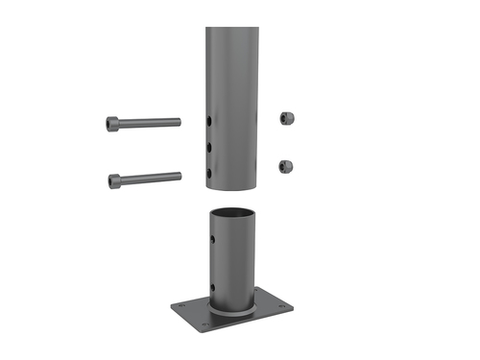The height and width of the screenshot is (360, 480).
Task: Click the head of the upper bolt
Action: tap(114, 123)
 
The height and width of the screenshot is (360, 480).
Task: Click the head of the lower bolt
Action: tap(114, 180)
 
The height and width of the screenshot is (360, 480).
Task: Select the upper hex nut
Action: tap(285, 117)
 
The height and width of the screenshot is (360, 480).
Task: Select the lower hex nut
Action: tap(285, 166)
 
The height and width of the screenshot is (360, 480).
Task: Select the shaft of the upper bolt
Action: tap(149, 123)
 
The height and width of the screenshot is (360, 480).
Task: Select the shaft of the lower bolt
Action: tap(149, 178)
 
